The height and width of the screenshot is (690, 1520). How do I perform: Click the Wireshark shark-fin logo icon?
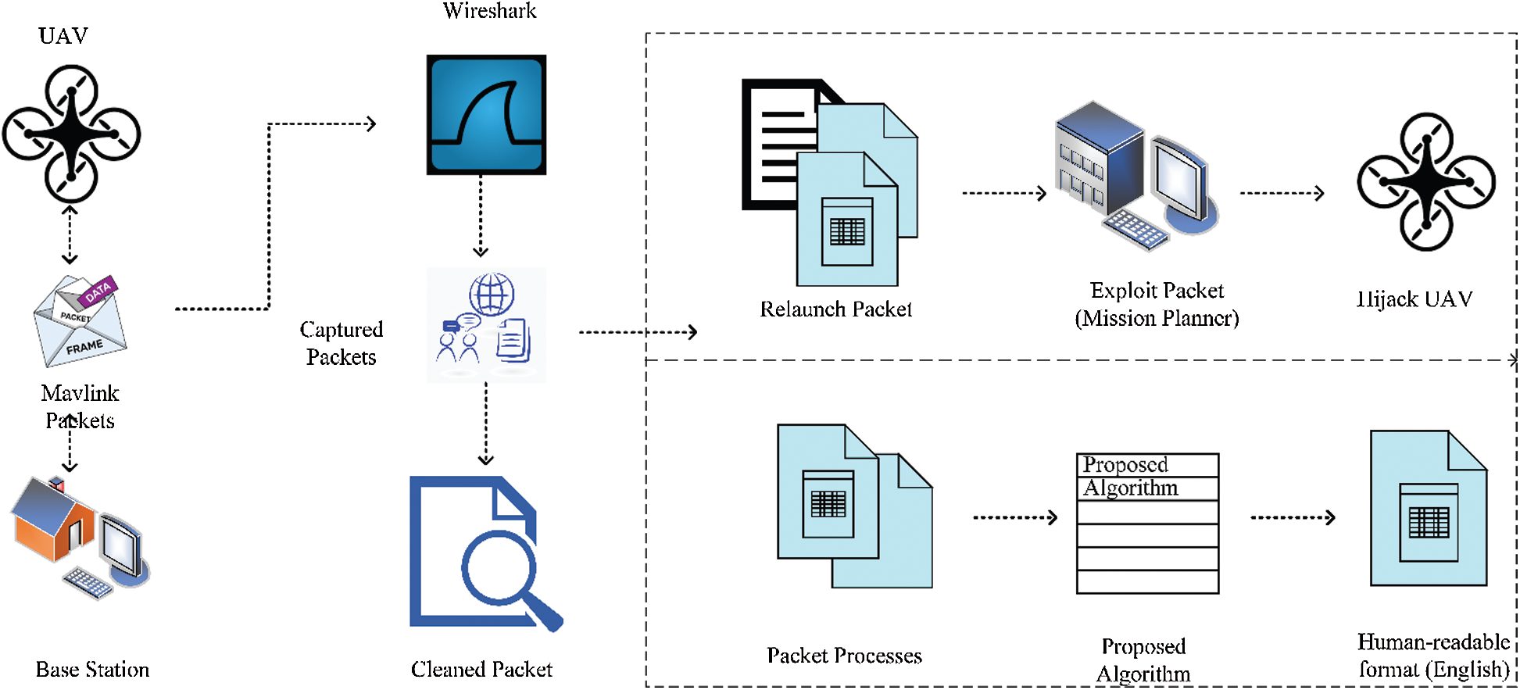pyautogui.click(x=486, y=115)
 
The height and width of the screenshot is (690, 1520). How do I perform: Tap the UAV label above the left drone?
pyautogui.click(x=63, y=36)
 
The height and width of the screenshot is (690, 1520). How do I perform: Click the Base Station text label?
pyautogui.click(x=92, y=670)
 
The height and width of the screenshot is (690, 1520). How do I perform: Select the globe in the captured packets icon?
pyautogui.click(x=492, y=294)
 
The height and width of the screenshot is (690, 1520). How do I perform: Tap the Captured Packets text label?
pyautogui.click(x=342, y=343)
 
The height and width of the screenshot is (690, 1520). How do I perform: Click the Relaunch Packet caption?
pyautogui.click(x=835, y=309)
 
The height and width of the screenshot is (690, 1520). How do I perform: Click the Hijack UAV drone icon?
pyautogui.click(x=1426, y=182)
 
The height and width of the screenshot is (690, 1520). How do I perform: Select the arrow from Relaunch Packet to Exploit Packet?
pyautogui.click(x=1004, y=193)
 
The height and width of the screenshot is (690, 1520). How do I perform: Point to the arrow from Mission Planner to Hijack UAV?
pyautogui.click(x=1282, y=193)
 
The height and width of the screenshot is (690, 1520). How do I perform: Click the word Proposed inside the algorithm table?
pyautogui.click(x=1125, y=465)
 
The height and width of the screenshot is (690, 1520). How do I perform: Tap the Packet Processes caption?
pyautogui.click(x=844, y=656)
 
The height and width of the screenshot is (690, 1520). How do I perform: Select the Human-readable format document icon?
pyautogui.click(x=1429, y=509)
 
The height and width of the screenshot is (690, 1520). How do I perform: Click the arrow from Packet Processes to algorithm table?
pyautogui.click(x=1015, y=517)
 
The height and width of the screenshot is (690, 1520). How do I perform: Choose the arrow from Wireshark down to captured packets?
pyautogui.click(x=481, y=216)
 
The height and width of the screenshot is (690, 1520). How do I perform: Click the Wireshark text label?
pyautogui.click(x=490, y=11)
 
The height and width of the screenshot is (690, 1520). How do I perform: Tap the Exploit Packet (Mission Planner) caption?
pyautogui.click(x=1157, y=305)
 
